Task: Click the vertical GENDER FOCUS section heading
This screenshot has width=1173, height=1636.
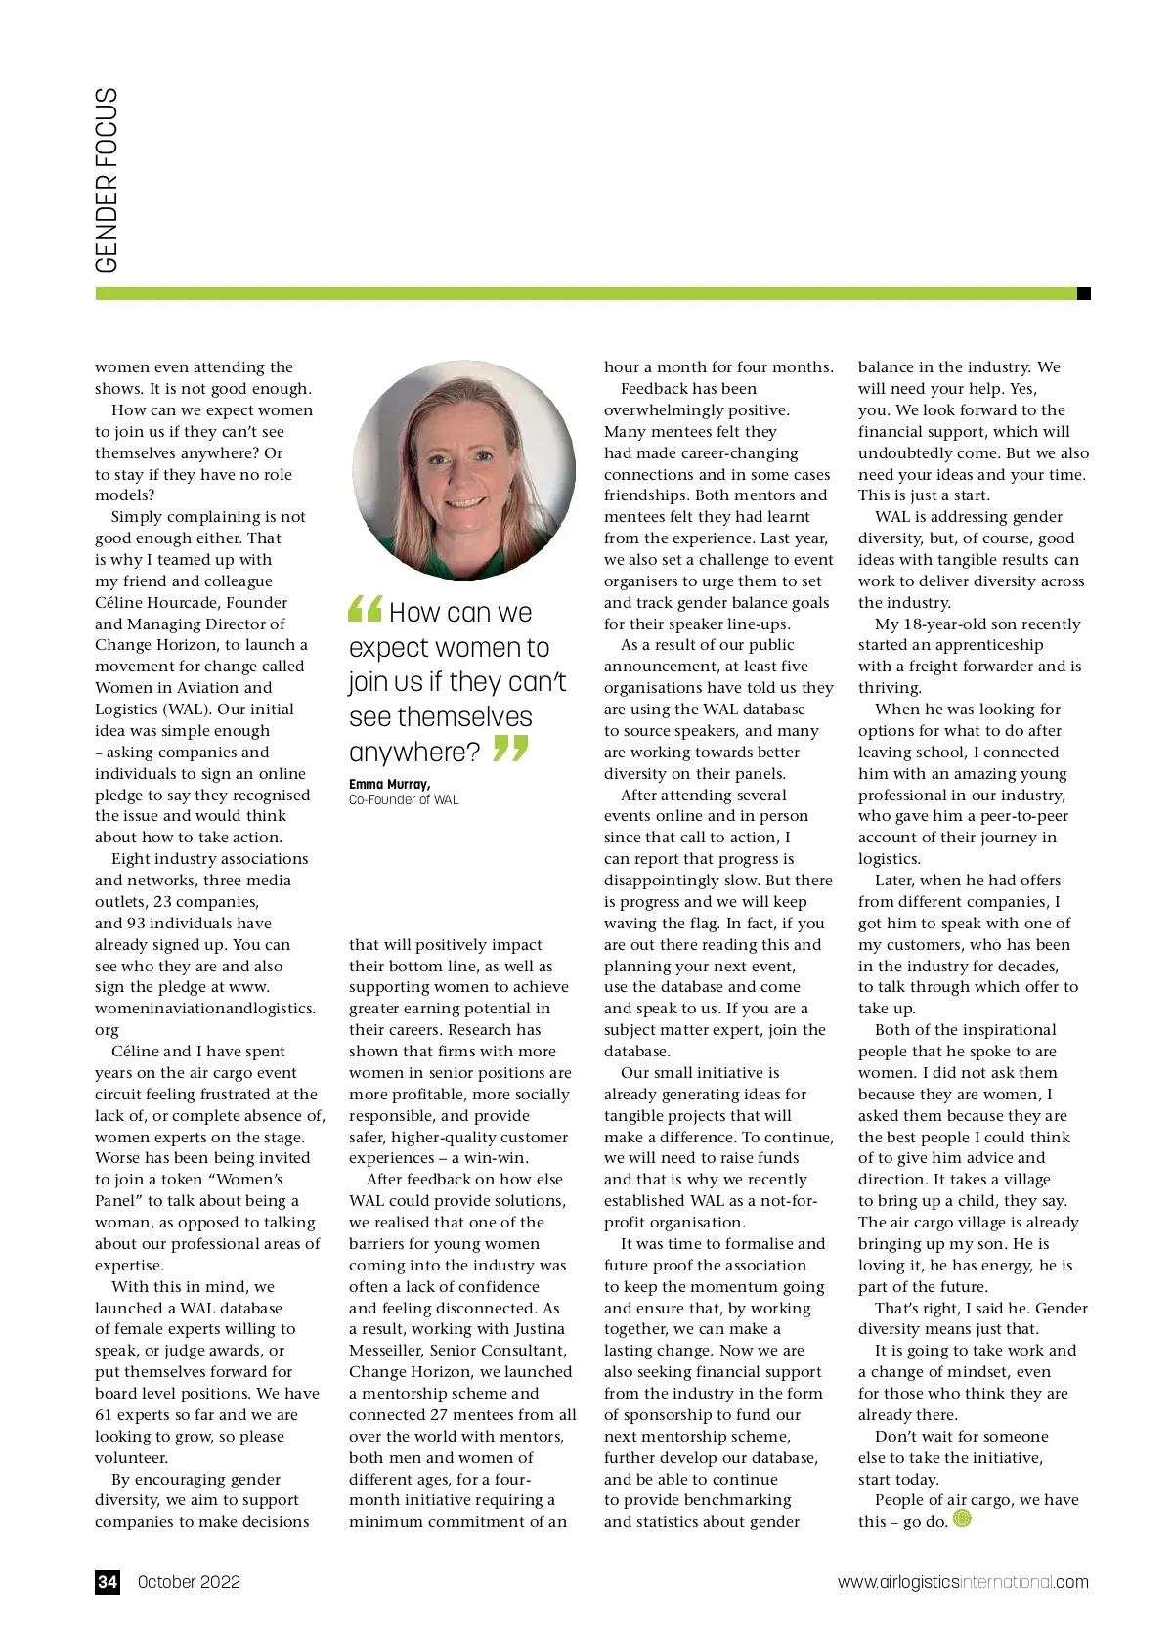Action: [107, 181]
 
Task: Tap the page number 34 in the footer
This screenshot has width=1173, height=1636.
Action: [108, 1582]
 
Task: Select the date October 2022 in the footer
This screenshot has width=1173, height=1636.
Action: [189, 1582]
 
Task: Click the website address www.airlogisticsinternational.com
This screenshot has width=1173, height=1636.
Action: [962, 1582]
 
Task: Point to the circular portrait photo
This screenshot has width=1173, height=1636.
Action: [463, 468]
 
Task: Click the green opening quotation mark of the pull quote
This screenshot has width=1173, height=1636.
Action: [365, 609]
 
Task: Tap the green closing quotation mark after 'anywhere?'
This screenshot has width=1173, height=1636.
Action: [509, 750]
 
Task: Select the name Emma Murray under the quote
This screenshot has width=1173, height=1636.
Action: [389, 784]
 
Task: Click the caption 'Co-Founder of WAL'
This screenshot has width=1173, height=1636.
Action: [403, 799]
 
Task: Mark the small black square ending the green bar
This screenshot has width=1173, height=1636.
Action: [1083, 293]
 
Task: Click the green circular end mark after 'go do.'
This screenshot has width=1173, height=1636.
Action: [962, 1518]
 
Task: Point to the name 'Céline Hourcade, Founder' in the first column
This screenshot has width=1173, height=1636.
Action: [192, 602]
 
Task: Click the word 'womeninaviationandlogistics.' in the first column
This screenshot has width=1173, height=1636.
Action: [205, 1009]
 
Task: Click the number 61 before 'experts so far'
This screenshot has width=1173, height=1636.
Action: [104, 1415]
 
